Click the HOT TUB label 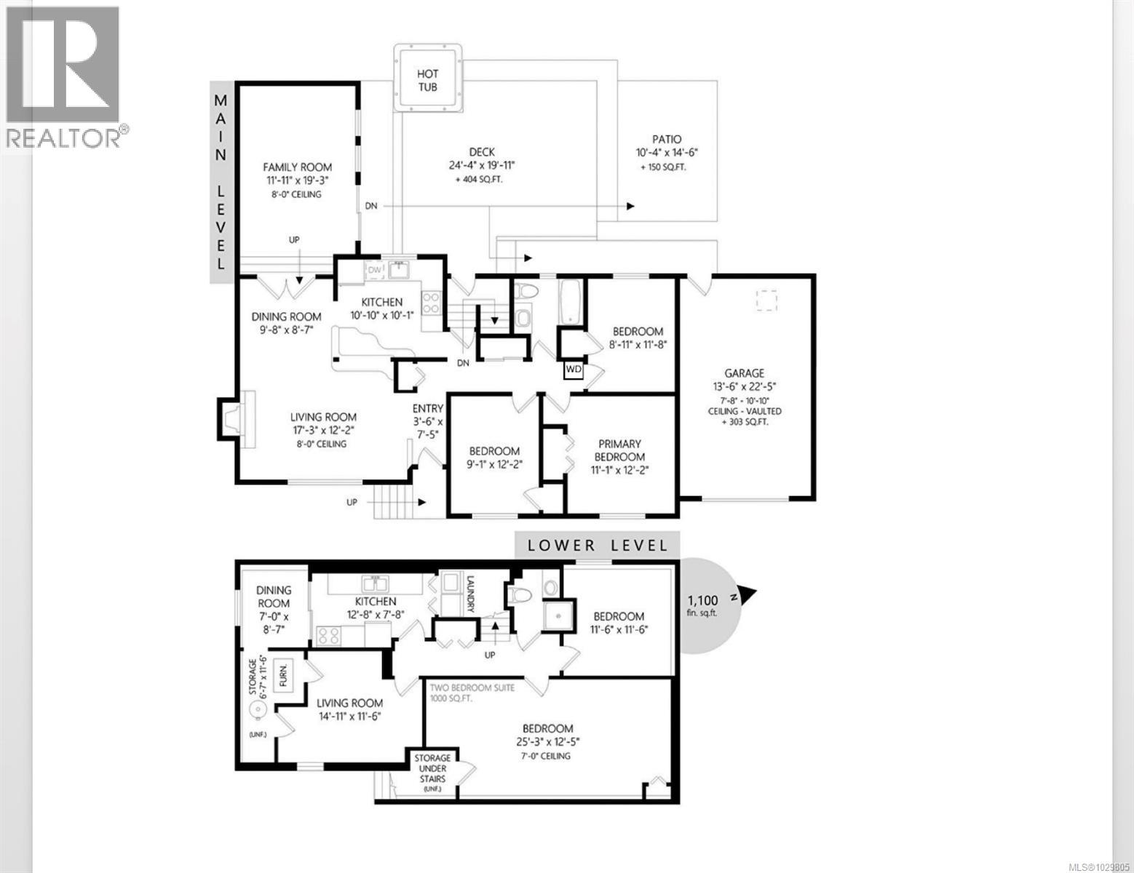point(427,80)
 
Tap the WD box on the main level point(574,370)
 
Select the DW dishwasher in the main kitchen point(375,271)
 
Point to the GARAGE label point(744,373)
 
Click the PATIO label point(667,140)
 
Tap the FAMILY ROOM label point(297,167)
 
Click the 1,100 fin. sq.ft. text point(703,605)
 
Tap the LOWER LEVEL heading point(597,545)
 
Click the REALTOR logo point(63,76)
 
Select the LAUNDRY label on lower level point(470,594)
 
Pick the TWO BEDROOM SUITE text point(472,687)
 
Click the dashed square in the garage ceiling point(766,300)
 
